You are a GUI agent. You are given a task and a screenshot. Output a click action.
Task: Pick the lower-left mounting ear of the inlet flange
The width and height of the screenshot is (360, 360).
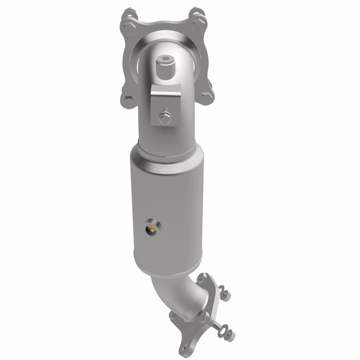point(127,97)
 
